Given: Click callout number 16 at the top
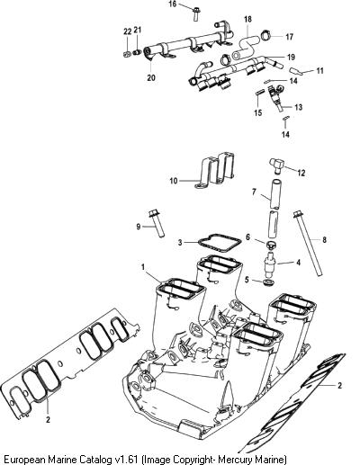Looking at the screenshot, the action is click(173, 4).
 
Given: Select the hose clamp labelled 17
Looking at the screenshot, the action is click(265, 35).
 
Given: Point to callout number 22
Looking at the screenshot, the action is click(128, 31).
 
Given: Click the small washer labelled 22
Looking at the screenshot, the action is click(127, 54).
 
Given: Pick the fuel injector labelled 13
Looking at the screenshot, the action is click(276, 97).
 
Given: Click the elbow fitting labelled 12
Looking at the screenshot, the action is click(276, 165).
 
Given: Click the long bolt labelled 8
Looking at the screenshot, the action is click(308, 243).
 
